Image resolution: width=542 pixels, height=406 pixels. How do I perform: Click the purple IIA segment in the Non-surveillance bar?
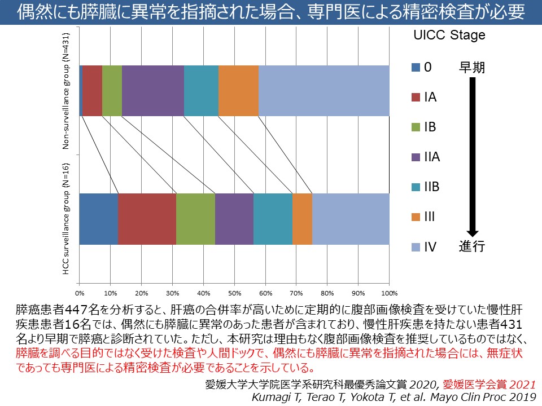point(152,91)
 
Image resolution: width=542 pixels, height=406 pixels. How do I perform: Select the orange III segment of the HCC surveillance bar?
point(302,219)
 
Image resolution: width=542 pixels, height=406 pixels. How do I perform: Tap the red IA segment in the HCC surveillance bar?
point(147,219)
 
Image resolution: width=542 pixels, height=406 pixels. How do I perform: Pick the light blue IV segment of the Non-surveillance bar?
point(324,91)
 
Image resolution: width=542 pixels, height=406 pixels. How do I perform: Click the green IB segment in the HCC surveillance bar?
point(195,219)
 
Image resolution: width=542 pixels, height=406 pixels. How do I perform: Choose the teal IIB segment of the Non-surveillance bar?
point(201,91)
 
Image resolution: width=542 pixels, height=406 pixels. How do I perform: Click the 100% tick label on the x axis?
point(390,293)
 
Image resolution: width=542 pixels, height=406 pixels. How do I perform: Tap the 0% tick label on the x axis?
point(80,293)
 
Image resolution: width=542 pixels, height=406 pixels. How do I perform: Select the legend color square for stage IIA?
point(416,157)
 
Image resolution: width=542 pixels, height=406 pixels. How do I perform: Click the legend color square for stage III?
point(416,217)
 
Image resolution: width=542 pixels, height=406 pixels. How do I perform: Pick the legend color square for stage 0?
point(416,68)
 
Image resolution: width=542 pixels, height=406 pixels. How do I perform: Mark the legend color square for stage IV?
point(416,246)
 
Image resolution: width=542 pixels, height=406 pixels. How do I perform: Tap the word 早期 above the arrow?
point(471,68)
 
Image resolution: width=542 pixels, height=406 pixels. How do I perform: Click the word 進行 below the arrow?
point(471,246)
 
